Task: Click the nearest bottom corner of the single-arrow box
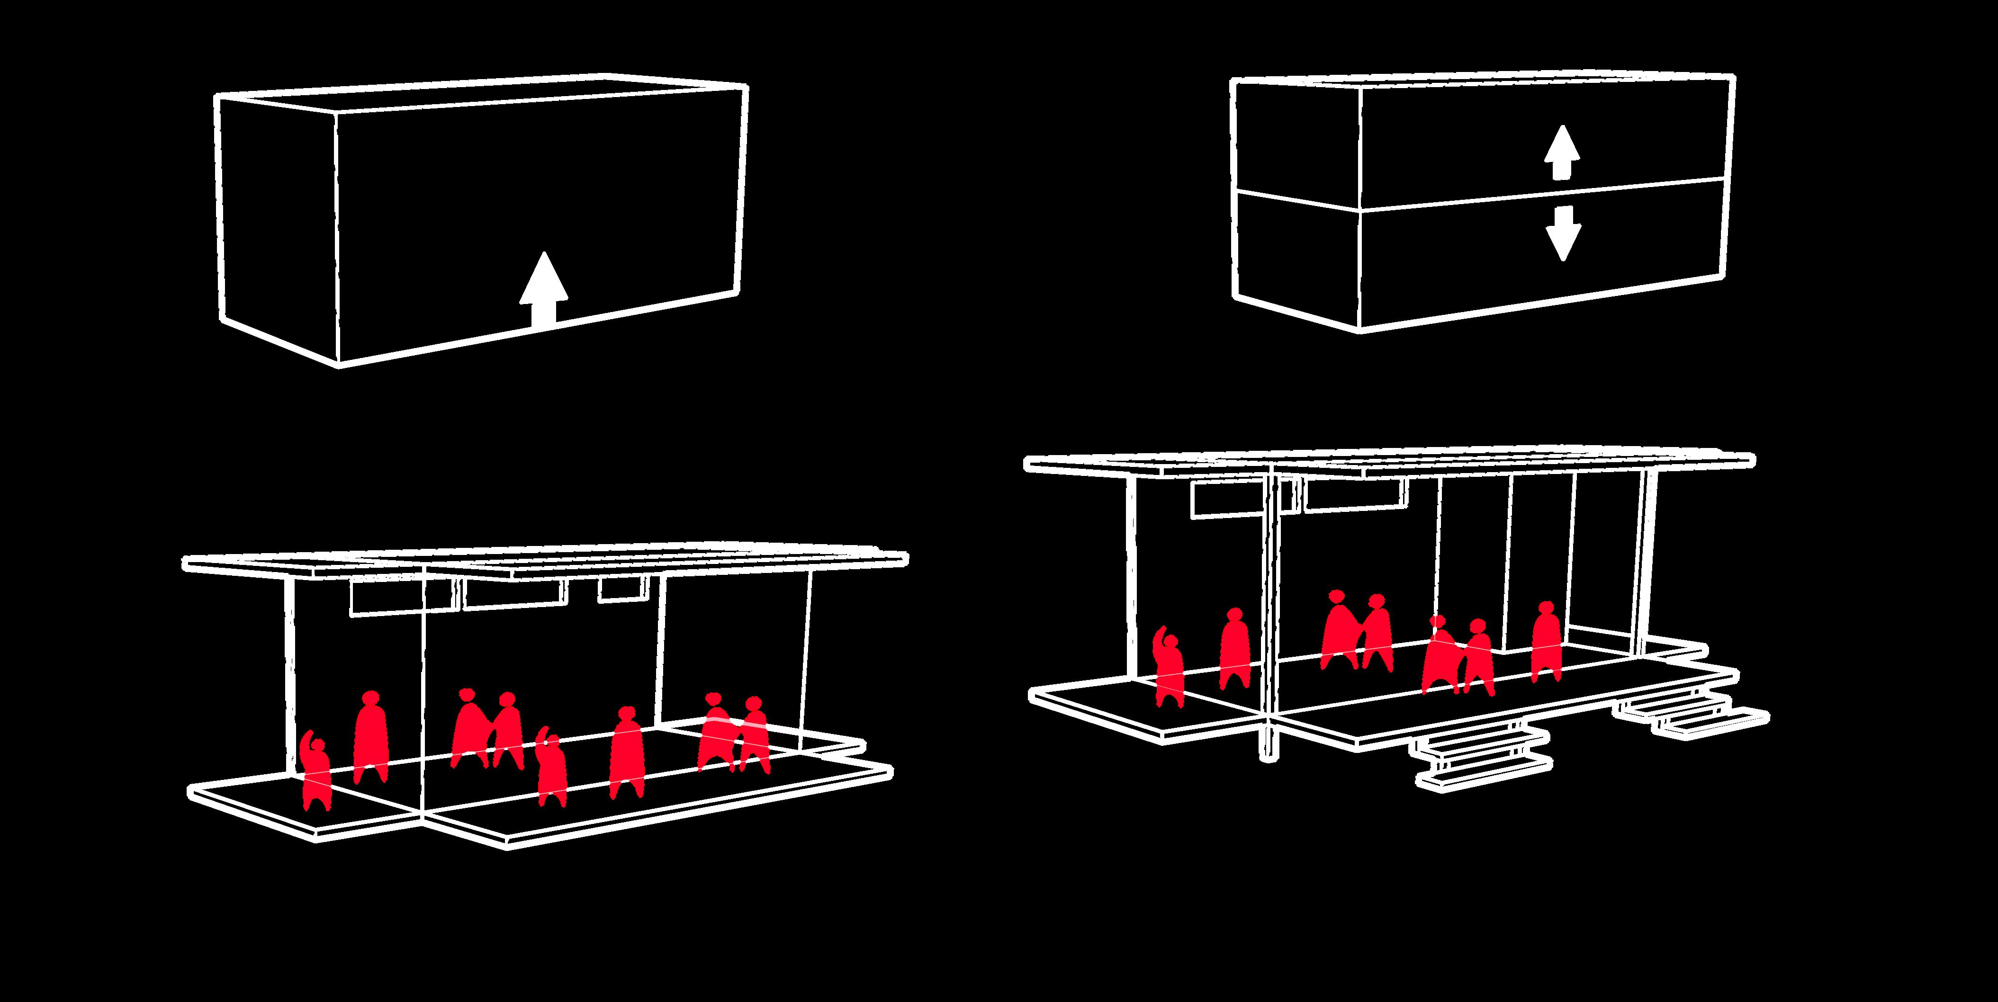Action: (x=339, y=364)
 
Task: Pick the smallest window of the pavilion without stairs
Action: (x=621, y=590)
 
